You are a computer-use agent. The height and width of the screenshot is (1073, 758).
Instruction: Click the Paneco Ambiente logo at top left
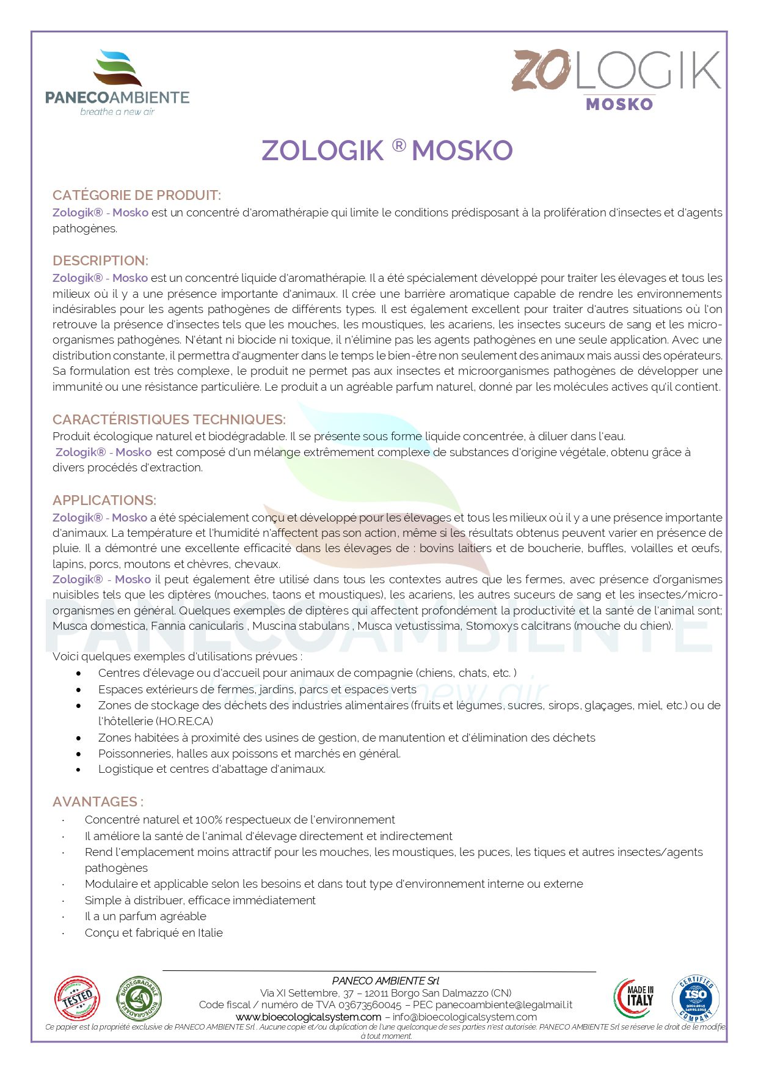[117, 83]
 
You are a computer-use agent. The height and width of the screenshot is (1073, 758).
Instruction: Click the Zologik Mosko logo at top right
[616, 80]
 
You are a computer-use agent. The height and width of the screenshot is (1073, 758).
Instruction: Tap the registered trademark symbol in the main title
[398, 146]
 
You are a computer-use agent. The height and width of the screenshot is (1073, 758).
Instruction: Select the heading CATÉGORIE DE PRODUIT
[137, 196]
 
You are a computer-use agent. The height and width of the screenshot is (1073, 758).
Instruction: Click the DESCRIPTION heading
[100, 261]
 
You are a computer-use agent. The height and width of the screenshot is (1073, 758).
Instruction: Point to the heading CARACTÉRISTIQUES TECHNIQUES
[169, 420]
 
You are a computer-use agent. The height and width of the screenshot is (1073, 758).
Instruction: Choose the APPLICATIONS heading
[104, 501]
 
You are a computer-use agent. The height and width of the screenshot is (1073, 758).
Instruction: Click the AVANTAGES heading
[98, 802]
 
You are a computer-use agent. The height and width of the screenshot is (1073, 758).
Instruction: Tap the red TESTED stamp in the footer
[77, 998]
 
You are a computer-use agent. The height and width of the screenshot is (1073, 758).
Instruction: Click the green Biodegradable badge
[139, 998]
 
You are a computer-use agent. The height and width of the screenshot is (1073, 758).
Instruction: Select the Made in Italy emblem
[634, 998]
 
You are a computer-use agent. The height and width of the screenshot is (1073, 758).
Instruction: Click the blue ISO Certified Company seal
[696, 998]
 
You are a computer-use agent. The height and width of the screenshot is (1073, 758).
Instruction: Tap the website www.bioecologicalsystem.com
[308, 1017]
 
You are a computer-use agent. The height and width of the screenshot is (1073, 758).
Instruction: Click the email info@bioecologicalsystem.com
[465, 1017]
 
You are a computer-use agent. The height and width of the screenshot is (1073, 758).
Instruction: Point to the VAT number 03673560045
[370, 1005]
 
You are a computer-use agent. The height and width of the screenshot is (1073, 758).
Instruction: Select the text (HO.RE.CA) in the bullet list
[184, 721]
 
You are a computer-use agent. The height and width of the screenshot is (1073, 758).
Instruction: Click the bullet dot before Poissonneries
[79, 754]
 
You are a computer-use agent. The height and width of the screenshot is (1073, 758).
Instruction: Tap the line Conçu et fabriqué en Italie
[154, 933]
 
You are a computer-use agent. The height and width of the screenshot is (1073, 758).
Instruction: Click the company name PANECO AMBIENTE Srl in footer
[385, 981]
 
